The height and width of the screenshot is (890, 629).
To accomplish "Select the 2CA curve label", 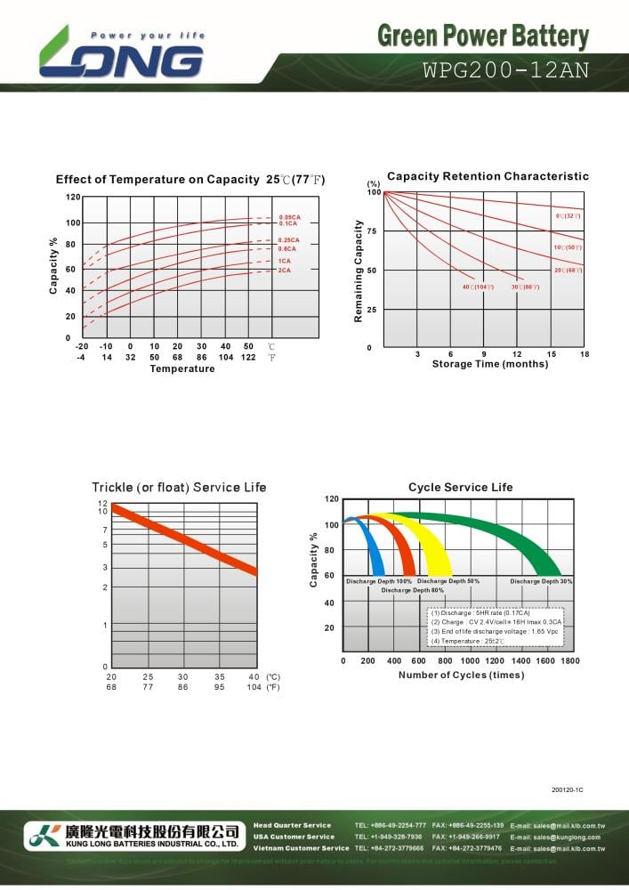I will tap(285, 270).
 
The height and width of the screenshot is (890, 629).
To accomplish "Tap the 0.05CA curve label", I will tap(289, 217).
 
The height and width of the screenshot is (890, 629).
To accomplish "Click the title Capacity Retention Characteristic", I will tap(488, 176).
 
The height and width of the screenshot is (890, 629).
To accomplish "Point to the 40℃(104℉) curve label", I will tap(478, 287).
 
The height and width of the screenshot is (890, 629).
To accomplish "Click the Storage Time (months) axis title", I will tap(490, 364).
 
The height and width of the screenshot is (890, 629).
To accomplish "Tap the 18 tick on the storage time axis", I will tap(585, 354).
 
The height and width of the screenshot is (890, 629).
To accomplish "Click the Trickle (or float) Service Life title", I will tap(179, 487).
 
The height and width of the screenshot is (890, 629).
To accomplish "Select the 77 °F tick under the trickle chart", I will tap(148, 687).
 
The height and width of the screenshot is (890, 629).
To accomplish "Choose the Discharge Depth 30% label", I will tap(541, 581).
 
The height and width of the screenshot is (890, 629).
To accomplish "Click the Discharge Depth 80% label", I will tap(413, 590).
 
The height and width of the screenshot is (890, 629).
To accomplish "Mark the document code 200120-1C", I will tap(567, 790).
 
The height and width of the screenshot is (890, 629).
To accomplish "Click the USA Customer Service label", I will tap(294, 837).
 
